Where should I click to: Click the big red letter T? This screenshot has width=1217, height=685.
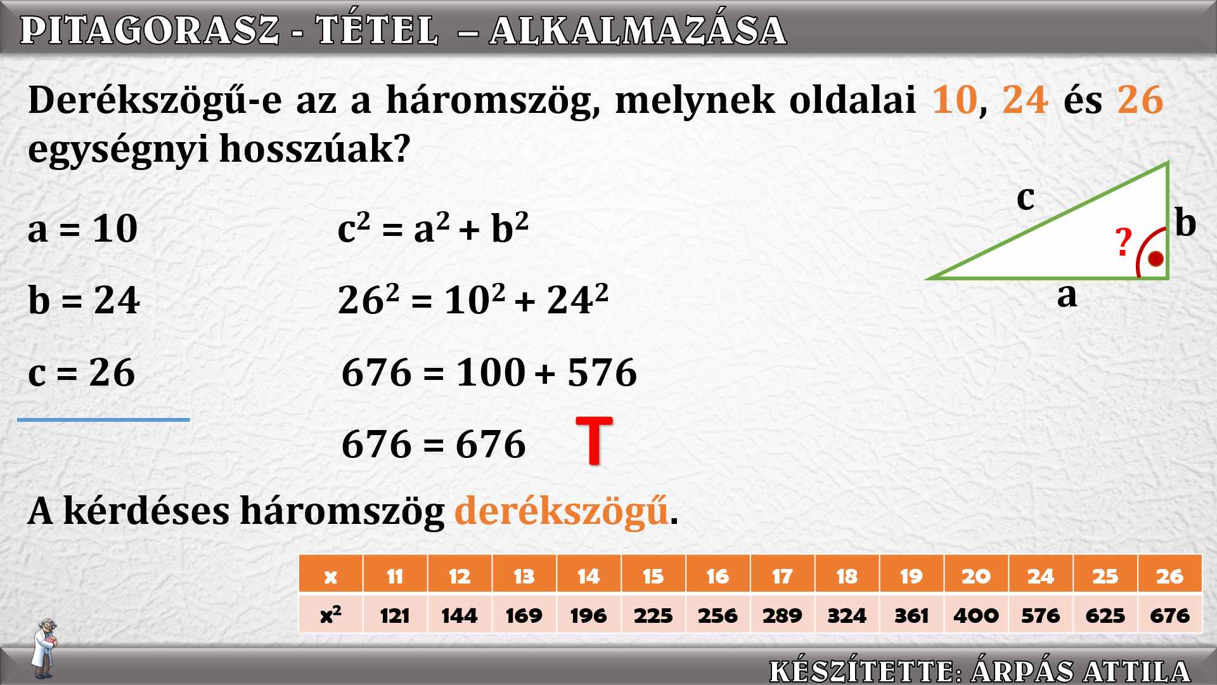point(594,441)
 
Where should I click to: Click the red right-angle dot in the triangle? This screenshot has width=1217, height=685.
point(1156,259)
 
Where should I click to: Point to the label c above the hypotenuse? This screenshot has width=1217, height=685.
point(1025,197)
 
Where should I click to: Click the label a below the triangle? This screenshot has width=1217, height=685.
point(1067,295)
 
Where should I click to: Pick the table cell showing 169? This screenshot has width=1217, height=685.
point(524,615)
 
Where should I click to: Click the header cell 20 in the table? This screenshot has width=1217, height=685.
point(976,575)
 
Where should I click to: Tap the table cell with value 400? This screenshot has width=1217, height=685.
point(976,615)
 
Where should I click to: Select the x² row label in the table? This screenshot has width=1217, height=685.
point(330,615)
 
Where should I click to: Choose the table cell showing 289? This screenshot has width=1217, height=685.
point(782,615)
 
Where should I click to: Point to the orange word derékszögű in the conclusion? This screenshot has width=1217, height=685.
point(561,511)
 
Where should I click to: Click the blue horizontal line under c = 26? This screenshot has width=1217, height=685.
point(103,419)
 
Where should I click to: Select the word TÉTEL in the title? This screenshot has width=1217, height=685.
point(377,30)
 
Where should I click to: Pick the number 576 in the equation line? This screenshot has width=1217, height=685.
point(602,372)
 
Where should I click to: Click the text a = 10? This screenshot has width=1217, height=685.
point(82,228)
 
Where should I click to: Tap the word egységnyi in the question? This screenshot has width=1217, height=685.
point(118,150)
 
